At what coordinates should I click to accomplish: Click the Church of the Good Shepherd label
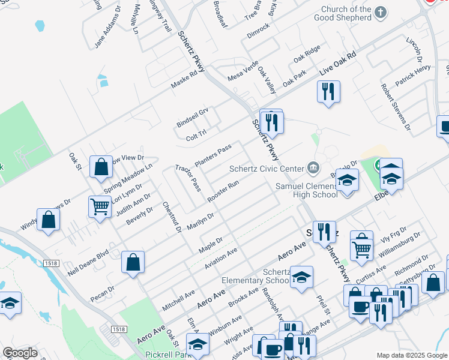tap(346, 14)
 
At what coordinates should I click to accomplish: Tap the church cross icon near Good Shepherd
tap(380, 12)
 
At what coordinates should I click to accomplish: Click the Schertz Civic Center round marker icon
tap(313, 167)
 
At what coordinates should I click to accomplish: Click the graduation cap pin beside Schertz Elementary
tap(302, 277)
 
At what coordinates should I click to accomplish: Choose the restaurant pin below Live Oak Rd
tap(328, 92)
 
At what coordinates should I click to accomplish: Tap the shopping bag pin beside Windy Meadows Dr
tap(49, 220)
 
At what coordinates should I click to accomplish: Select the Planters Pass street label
tap(213, 156)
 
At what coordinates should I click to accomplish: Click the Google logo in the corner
tap(20, 353)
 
